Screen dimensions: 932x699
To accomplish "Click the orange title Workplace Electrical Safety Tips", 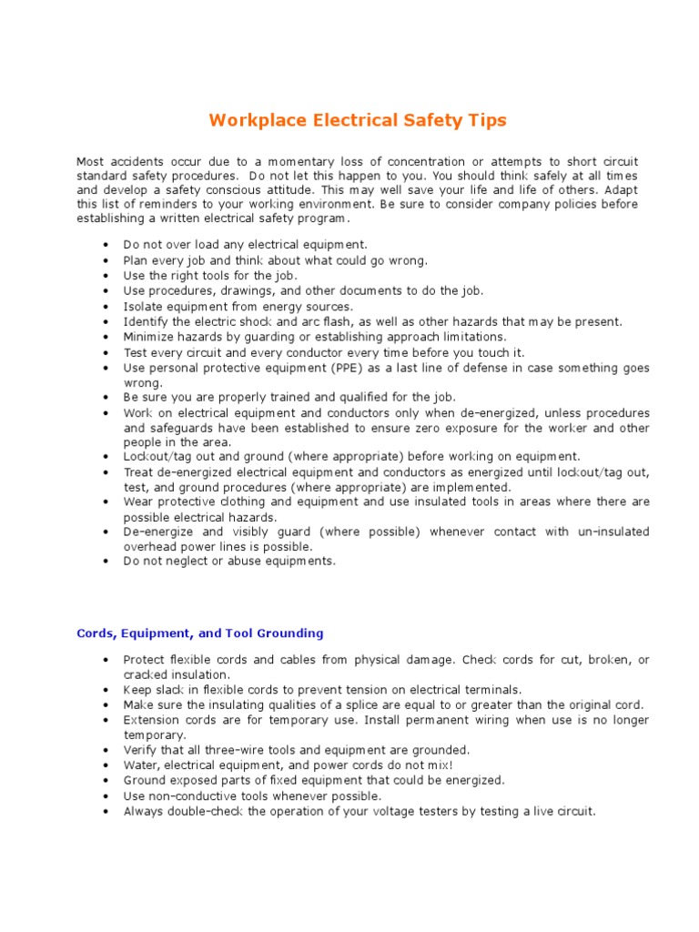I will coord(358,120).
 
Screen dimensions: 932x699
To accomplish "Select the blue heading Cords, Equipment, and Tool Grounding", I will coord(199,633).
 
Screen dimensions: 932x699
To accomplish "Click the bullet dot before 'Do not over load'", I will coord(106,245).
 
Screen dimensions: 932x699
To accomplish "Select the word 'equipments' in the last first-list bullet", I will coord(302,561).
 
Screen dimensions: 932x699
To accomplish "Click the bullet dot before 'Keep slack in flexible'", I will coord(106,690).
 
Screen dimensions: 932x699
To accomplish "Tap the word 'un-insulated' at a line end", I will coord(613,532).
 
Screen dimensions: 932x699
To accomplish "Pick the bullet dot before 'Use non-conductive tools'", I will coord(106,796).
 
